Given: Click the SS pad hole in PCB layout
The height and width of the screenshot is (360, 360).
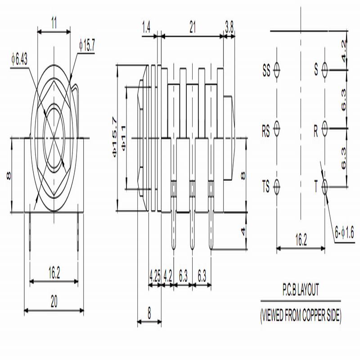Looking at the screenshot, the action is [277, 70].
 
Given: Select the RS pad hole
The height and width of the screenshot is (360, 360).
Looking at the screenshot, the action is [277, 129].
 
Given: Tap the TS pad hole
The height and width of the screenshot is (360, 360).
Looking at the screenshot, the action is [277, 187].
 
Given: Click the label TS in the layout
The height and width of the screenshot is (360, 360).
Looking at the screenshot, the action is [266, 186].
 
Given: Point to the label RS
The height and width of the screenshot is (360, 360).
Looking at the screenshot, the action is [266, 131].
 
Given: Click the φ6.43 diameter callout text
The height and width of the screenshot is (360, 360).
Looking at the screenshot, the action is [19, 59].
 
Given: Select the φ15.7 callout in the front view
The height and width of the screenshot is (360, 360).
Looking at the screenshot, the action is [87, 45].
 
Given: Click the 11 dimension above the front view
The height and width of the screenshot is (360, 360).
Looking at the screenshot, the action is [54, 23].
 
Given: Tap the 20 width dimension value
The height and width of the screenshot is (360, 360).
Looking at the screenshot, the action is [54, 301].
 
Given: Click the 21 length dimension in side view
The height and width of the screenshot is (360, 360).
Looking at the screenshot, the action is [193, 27].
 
